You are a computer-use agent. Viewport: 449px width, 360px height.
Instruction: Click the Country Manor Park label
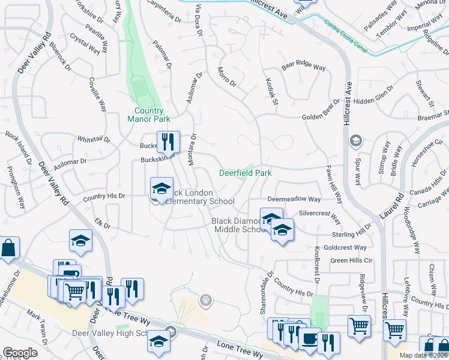[149, 115]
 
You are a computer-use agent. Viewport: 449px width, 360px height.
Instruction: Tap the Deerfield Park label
[245, 173]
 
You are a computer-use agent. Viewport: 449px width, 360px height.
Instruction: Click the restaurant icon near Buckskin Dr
[168, 142]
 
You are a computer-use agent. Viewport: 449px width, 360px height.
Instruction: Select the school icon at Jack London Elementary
[161, 188]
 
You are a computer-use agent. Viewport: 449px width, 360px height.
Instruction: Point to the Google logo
[20, 353]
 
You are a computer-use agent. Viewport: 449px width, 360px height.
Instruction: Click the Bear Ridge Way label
[304, 67]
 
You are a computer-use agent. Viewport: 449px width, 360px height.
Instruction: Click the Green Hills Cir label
[351, 261]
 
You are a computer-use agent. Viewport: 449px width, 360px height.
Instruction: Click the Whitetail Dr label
[94, 139]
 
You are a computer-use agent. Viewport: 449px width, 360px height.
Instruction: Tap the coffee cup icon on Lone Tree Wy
[310, 338]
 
